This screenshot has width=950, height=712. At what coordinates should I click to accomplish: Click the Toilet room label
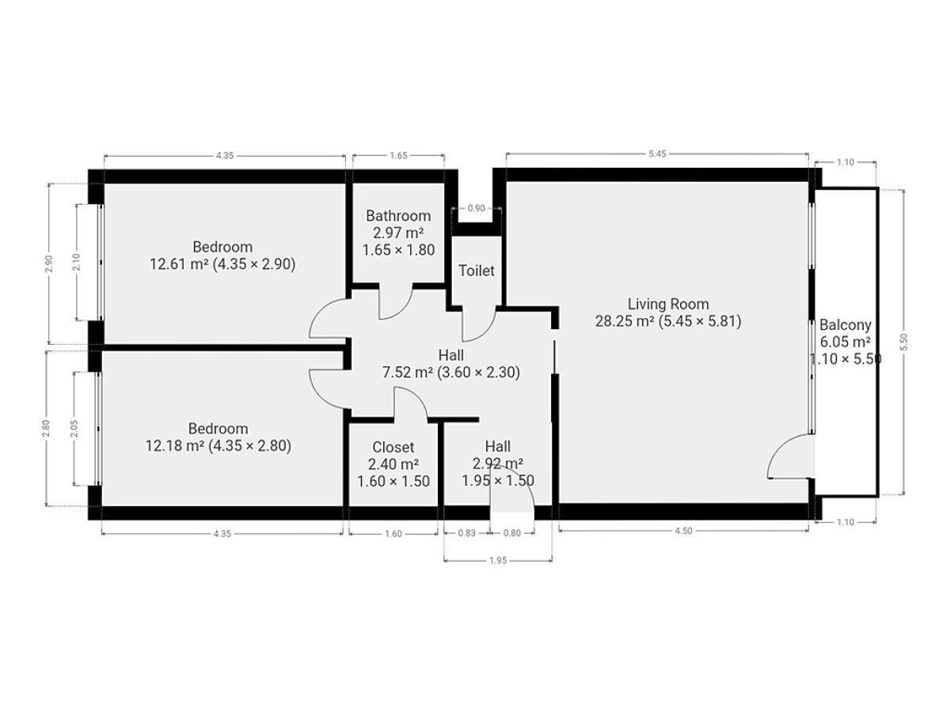tap(476, 271)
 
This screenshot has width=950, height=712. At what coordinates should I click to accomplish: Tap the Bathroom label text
tap(398, 216)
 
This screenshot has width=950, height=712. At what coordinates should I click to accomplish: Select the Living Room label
tap(668, 305)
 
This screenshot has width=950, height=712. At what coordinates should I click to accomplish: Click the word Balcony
tap(845, 325)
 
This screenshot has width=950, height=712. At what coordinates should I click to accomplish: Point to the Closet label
tap(393, 447)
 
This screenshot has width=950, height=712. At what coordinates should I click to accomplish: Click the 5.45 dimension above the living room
tap(657, 153)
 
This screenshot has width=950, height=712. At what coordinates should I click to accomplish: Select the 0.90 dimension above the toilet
tap(476, 208)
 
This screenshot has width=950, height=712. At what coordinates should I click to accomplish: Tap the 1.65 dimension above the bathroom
tap(398, 156)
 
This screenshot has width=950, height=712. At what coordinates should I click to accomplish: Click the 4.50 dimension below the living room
tap(683, 532)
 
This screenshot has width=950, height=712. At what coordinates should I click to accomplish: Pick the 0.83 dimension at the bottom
tap(466, 533)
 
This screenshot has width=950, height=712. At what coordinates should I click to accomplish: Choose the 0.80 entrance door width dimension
tap(512, 533)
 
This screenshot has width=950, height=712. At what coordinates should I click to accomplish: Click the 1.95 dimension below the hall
tap(498, 561)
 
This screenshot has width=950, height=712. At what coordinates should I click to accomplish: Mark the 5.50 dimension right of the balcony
tap(904, 342)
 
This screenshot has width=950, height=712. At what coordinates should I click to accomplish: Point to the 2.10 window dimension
tap(77, 262)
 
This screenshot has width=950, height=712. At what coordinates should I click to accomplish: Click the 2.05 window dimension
tap(74, 429)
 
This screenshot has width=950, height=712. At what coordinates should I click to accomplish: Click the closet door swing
tap(416, 397)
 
